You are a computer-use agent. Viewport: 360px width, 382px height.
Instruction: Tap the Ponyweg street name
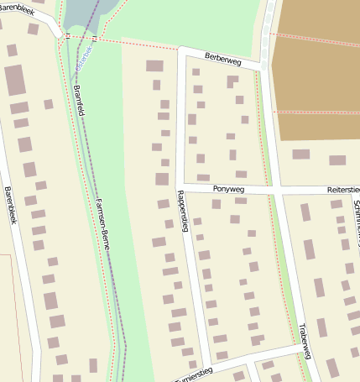tap(228, 190)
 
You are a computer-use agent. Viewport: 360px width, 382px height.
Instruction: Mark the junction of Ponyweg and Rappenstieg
tap(182, 188)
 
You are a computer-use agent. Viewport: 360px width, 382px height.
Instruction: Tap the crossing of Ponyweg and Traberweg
tap(276, 191)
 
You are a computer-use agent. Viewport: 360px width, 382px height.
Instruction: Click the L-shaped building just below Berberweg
tap(232, 81)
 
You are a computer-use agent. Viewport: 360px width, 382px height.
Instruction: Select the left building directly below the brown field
tap(300, 154)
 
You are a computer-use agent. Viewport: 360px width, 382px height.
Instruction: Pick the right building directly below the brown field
tap(337, 160)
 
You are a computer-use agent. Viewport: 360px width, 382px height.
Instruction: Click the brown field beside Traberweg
tap(315, 67)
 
